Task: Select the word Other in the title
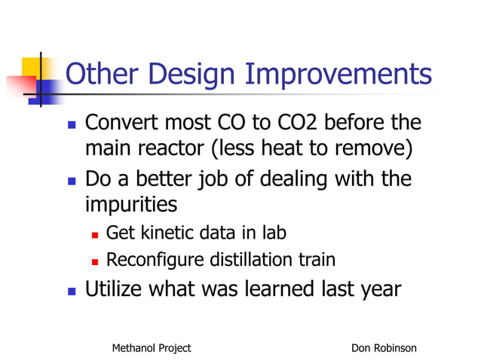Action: click(x=99, y=75)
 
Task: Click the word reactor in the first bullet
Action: click(x=179, y=148)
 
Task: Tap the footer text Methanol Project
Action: click(x=151, y=348)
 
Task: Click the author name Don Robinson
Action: click(x=384, y=348)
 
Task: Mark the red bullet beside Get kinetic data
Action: click(x=95, y=234)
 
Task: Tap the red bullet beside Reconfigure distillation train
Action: click(x=95, y=262)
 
